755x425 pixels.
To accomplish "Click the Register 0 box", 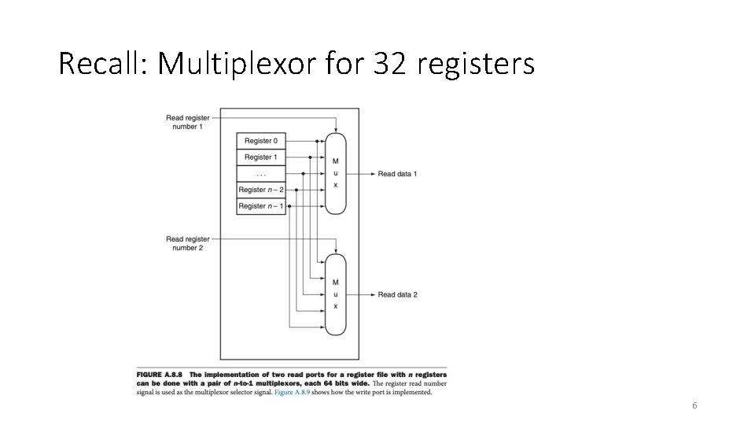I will tap(261, 141).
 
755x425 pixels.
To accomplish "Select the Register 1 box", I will tap(261, 157).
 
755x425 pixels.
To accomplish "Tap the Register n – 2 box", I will tap(261, 190).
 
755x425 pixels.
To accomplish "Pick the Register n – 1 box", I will tap(261, 206).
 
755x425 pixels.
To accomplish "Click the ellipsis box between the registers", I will tap(261, 173).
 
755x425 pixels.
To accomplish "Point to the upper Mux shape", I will tap(336, 173).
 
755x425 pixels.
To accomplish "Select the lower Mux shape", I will tap(336, 294).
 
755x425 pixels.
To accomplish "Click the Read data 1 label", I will tap(397, 173).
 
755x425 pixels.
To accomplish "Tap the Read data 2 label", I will tap(397, 294).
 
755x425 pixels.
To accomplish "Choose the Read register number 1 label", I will tap(188, 122).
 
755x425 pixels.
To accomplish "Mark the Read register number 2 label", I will tap(188, 243).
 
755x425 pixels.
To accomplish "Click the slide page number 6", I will tap(694, 405).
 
